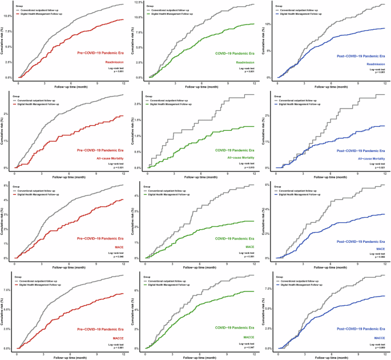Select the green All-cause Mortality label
pyautogui.click(x=241, y=157)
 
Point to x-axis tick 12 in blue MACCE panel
pyautogui.click(x=384, y=351)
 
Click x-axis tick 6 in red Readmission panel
pyautogui.click(x=70, y=81)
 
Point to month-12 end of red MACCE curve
pyautogui.click(x=123, y=294)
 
